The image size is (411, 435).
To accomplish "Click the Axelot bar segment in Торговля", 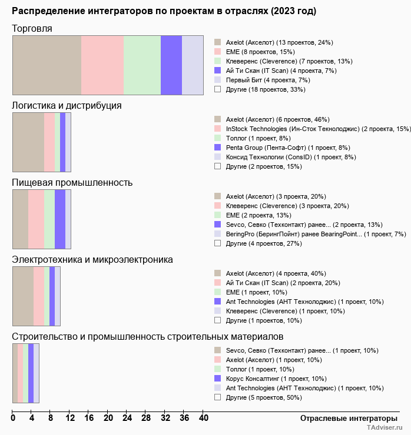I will (x=47, y=65).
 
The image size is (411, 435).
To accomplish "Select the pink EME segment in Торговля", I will (x=102, y=65).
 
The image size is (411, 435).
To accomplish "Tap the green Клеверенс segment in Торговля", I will (x=142, y=65).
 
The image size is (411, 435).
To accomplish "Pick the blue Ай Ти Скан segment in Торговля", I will (x=171, y=65).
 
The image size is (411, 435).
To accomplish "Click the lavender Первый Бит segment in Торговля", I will (x=192, y=65).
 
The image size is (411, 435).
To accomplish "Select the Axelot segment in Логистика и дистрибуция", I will (x=28, y=142).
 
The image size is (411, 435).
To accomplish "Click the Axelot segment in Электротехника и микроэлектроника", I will (x=23, y=296).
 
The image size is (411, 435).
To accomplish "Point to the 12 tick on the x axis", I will (x=70, y=419).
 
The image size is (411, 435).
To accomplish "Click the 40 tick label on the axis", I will (x=203, y=419).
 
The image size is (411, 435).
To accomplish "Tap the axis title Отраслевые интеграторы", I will (x=345, y=419).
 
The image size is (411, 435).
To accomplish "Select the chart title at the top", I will (x=164, y=11).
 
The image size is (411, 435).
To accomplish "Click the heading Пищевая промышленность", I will (x=72, y=182).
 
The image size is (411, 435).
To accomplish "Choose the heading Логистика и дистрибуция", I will (x=67, y=105).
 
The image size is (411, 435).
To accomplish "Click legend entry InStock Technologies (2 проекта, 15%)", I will (x=318, y=128).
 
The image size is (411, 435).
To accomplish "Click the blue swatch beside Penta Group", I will (x=217, y=148).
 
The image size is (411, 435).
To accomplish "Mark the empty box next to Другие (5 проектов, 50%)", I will (x=217, y=397).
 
